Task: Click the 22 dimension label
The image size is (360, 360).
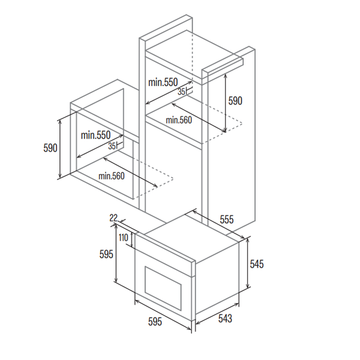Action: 113,218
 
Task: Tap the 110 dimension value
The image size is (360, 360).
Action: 124,238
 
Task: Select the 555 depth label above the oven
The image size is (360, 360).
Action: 227,220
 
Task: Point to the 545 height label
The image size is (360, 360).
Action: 257,264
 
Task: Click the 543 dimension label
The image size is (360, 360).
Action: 225,319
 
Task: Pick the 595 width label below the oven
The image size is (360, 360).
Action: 155,321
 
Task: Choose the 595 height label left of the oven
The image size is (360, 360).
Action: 106,254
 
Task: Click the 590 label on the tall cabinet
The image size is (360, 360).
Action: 235,101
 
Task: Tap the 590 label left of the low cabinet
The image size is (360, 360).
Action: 50,148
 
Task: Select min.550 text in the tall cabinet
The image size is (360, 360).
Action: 163,82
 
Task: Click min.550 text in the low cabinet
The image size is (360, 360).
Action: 96,135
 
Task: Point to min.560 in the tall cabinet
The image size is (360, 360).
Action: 179,120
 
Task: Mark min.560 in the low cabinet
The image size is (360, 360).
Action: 112,176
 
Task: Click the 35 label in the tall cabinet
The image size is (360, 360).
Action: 181,92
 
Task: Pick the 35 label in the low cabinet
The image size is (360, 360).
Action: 112,146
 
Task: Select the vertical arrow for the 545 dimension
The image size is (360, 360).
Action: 247,263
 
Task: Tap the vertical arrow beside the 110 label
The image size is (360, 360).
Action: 132,239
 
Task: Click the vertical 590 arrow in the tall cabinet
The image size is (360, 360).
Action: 226,103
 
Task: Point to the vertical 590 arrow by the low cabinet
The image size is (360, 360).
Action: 60,149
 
